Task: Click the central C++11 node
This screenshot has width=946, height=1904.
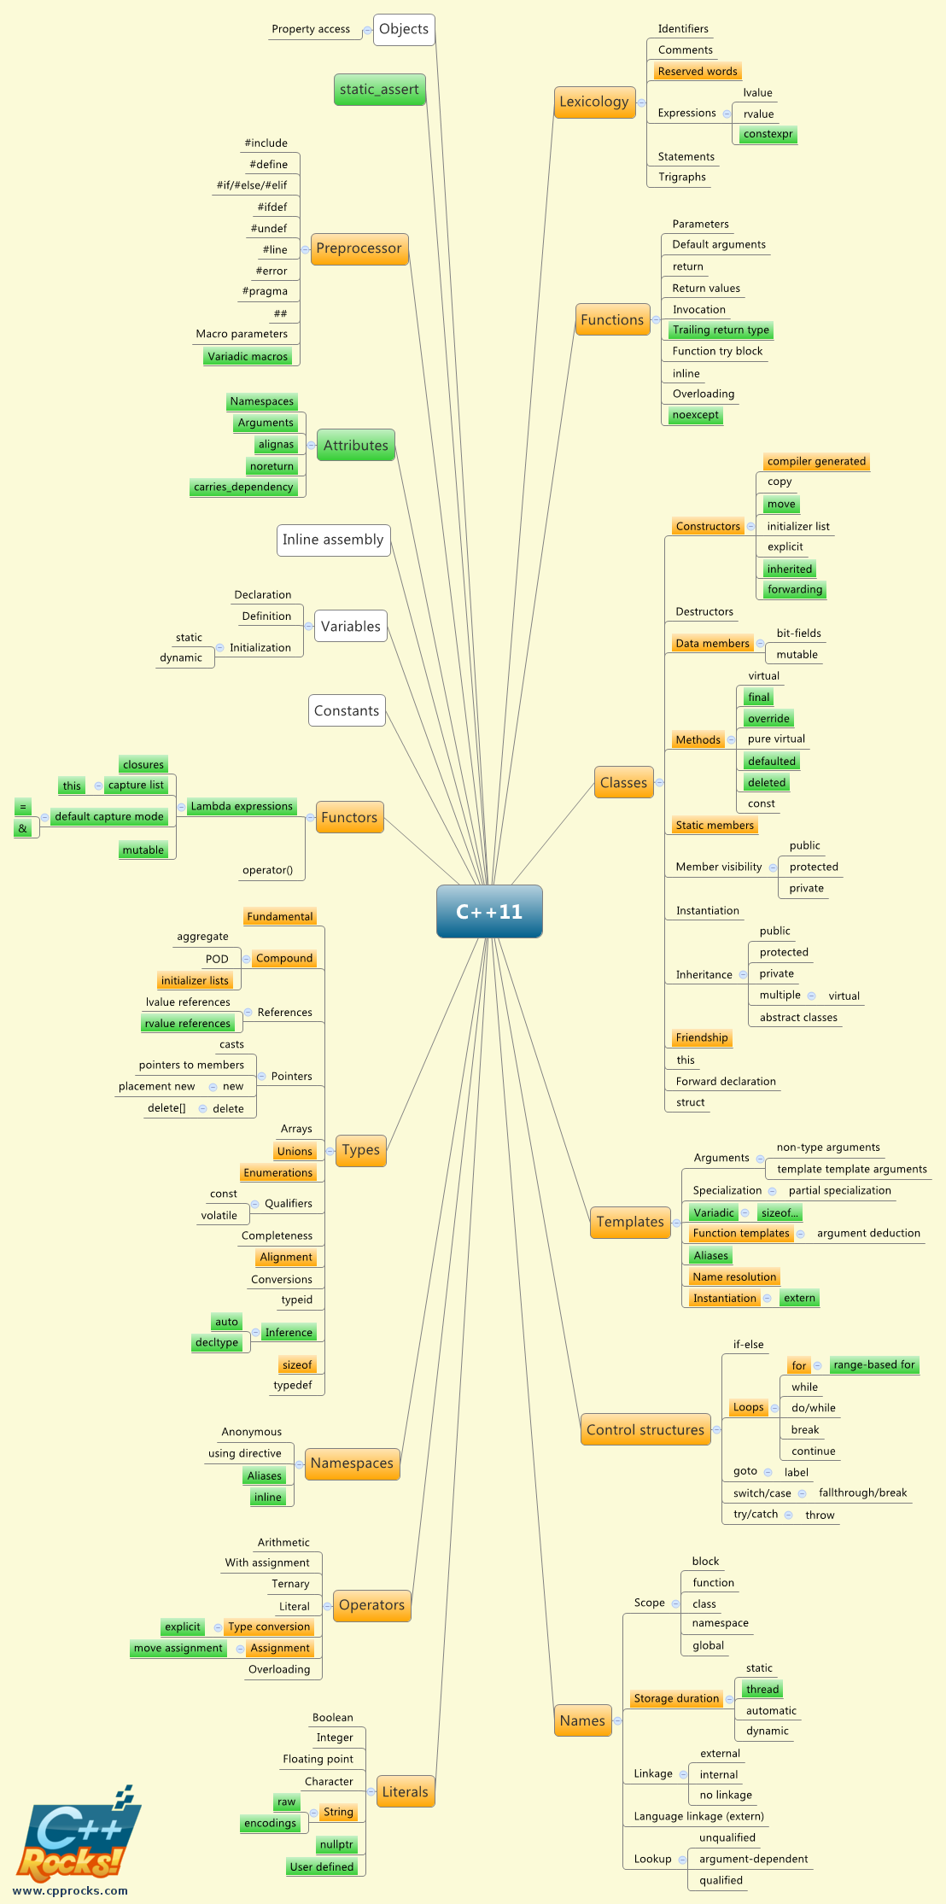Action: pyautogui.click(x=489, y=911)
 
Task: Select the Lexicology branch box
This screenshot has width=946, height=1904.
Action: pyautogui.click(x=593, y=102)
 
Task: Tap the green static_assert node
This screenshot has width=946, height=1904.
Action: pyautogui.click(x=379, y=90)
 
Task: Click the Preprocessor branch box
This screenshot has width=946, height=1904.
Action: pyautogui.click(x=359, y=248)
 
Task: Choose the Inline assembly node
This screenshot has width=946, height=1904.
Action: pyautogui.click(x=333, y=540)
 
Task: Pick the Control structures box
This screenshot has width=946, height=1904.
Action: pyautogui.click(x=645, y=1429)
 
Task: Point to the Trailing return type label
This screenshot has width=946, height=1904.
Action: pyautogui.click(x=721, y=330)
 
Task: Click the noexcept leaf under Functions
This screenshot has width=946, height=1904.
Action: pyautogui.click(x=696, y=415)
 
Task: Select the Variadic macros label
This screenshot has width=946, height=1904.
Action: pyautogui.click(x=248, y=356)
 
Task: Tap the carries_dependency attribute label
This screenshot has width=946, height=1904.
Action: pyautogui.click(x=243, y=487)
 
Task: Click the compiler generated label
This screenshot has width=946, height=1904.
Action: pyautogui.click(x=816, y=461)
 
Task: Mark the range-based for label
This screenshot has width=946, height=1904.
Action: pyautogui.click(x=874, y=1364)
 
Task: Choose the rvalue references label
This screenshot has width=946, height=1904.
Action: pyautogui.click(x=188, y=1023)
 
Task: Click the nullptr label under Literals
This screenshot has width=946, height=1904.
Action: pyautogui.click(x=336, y=1844)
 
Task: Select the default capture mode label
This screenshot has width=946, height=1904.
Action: pyautogui.click(x=109, y=816)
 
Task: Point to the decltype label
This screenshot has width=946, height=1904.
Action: pyautogui.click(x=217, y=1342)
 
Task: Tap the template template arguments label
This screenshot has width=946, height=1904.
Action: pyautogui.click(x=851, y=1169)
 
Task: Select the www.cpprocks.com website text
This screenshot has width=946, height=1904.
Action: pyautogui.click(x=70, y=1890)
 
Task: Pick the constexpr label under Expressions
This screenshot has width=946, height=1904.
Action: pyautogui.click(x=768, y=134)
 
